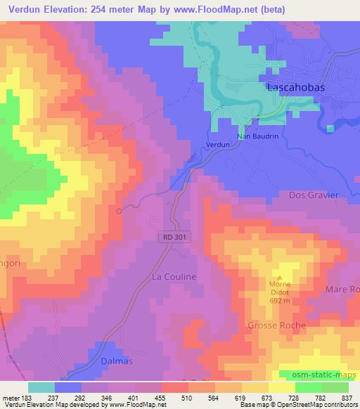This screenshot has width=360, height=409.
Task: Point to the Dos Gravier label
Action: tap(314, 195)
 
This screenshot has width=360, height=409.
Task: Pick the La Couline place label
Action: tap(174, 278)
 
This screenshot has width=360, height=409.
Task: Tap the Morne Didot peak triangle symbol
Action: tap(279, 277)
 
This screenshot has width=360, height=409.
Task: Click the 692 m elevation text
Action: tap(279, 301)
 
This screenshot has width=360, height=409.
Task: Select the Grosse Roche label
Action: tap(276, 325)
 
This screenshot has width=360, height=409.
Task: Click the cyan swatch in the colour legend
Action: tap(41, 387)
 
